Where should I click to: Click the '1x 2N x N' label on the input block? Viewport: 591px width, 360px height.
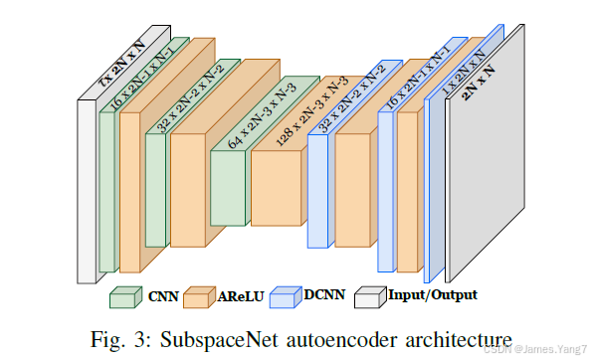(x=122, y=66)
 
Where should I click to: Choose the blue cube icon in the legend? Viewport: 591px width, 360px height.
(x=285, y=296)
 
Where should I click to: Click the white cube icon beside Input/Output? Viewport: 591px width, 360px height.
(x=369, y=296)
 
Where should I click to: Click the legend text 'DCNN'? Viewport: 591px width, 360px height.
(x=325, y=295)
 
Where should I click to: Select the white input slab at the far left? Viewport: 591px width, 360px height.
(x=87, y=189)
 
